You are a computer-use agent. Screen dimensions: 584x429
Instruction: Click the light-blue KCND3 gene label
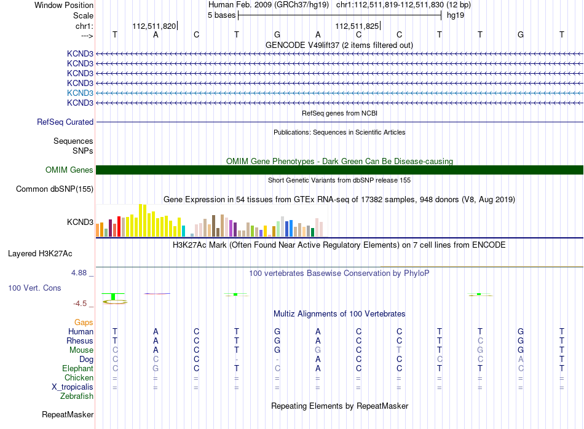80,93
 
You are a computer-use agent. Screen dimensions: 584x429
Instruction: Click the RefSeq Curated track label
65,122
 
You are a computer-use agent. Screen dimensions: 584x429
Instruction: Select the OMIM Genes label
69,170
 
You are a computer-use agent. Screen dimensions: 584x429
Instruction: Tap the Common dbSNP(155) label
55,189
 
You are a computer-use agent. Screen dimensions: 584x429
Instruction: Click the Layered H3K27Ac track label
40,254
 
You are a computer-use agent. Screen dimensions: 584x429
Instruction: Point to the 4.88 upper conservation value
79,273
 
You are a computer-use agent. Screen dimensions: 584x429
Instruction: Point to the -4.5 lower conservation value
80,304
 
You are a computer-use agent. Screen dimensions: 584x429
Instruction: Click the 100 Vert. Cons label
34,288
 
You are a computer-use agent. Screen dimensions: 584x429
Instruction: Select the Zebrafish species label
77,396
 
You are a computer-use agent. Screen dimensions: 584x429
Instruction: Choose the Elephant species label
78,369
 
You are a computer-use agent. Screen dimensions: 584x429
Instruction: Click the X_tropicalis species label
73,387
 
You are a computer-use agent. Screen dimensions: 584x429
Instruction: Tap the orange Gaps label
84,323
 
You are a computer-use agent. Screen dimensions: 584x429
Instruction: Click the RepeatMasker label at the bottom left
68,415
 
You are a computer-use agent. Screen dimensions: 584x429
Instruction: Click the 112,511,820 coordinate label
154,26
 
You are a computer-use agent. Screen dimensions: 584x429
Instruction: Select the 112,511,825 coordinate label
357,26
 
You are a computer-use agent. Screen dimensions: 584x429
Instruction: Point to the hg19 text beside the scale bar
456,15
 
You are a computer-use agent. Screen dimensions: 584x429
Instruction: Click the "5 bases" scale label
221,15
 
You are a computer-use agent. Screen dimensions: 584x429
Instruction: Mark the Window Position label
64,5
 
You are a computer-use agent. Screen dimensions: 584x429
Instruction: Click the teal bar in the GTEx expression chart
183,231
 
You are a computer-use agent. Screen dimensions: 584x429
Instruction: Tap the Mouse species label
81,350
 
